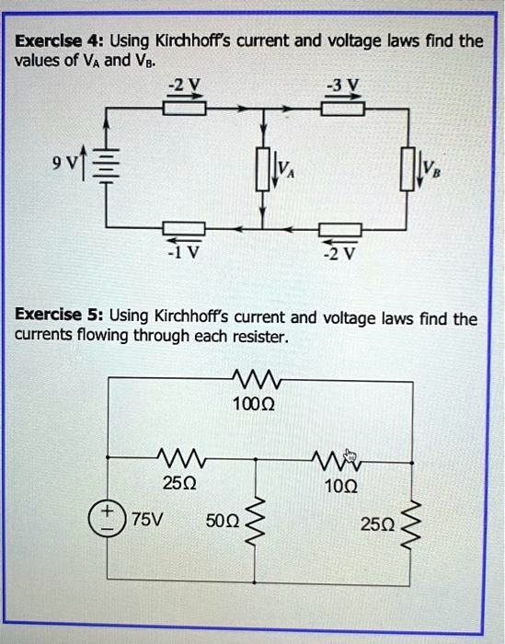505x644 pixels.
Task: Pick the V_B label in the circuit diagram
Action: coord(430,168)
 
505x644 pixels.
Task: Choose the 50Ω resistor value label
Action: coord(224,521)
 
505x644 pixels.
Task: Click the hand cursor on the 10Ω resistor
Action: coord(349,455)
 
